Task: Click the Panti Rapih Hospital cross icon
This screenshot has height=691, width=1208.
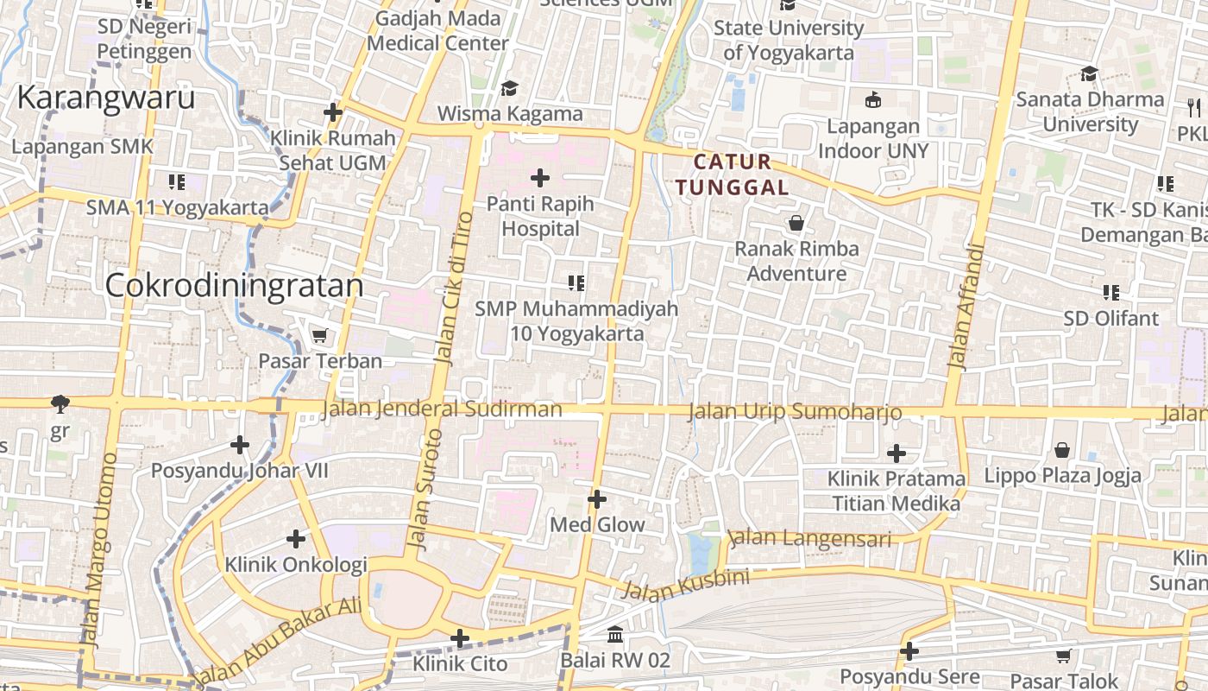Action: click(540, 179)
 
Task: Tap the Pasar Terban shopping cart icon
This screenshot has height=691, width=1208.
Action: click(320, 335)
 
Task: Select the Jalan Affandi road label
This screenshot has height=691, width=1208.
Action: click(966, 307)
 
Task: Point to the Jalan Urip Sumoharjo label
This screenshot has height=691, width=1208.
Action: click(795, 412)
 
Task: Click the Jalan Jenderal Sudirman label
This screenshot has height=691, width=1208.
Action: click(441, 409)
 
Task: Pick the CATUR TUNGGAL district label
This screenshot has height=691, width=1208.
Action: click(732, 174)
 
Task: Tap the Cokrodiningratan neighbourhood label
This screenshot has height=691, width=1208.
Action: click(234, 286)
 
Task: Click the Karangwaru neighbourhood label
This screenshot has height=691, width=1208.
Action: click(106, 98)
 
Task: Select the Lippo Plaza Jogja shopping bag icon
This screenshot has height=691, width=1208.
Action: click(1061, 450)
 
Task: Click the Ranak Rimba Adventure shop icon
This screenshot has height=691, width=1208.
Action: click(796, 224)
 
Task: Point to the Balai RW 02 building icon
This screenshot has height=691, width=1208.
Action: click(615, 635)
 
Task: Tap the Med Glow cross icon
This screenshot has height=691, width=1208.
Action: click(597, 499)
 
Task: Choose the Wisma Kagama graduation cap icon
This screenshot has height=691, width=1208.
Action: click(509, 88)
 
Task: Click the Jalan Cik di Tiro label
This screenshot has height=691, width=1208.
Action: click(454, 288)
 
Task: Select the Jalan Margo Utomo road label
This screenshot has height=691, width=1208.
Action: click(98, 549)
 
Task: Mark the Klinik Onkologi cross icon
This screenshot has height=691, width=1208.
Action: click(296, 539)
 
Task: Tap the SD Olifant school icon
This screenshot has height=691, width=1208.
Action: click(1110, 293)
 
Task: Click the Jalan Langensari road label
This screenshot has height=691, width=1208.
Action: click(809, 538)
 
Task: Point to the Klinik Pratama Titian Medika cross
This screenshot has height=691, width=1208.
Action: click(897, 453)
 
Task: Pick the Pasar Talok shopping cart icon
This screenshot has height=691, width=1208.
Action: click(1063, 656)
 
